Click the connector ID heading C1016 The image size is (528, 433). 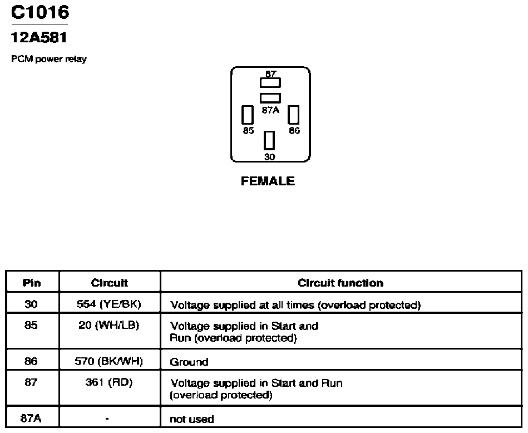click(x=40, y=12)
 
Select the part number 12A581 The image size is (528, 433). click(x=39, y=37)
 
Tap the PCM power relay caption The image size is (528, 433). click(x=49, y=59)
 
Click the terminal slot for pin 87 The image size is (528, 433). click(x=270, y=83)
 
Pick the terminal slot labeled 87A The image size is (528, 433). click(x=270, y=98)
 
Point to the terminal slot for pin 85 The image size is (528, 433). click(x=248, y=115)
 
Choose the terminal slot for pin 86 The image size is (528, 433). click(x=293, y=115)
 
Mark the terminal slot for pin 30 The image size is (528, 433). click(x=269, y=140)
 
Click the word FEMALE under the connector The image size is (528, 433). click(x=268, y=181)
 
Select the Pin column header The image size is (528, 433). click(x=32, y=283)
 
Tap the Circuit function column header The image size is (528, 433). click(x=341, y=283)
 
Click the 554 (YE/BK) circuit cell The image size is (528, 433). click(x=108, y=304)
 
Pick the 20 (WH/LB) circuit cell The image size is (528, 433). click(x=108, y=325)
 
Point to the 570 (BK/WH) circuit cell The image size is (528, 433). click(x=108, y=361)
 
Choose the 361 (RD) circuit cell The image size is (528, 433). click(x=108, y=382)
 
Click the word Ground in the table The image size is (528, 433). click(x=189, y=362)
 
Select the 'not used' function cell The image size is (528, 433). click(x=191, y=419)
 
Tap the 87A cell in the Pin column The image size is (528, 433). click(x=31, y=418)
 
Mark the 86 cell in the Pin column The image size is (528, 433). click(x=31, y=361)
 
